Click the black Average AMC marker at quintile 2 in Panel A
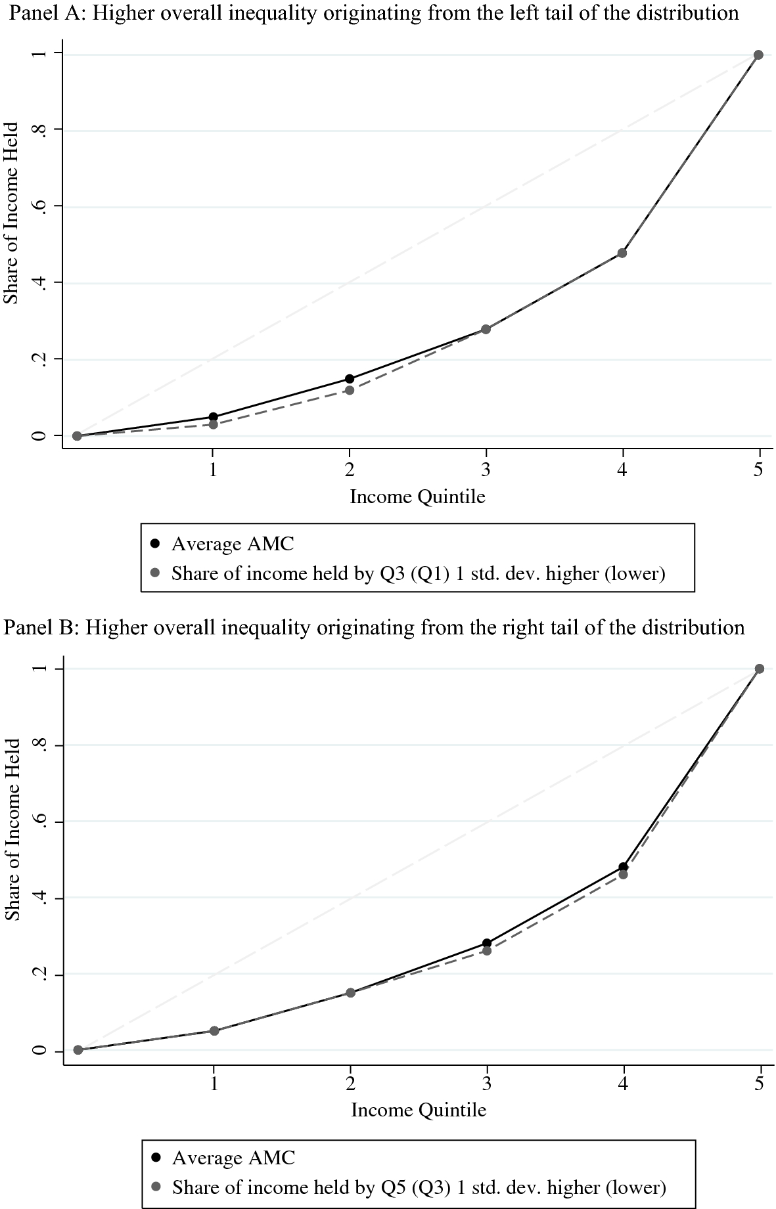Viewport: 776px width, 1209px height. [x=350, y=379]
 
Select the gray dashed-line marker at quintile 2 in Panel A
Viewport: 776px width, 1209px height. [x=350, y=390]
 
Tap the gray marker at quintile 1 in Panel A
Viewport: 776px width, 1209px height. [x=213, y=424]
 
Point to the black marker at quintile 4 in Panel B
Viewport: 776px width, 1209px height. [x=623, y=867]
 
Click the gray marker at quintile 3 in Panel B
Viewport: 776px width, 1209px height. [x=487, y=950]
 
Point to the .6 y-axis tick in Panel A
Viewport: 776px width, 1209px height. [x=40, y=206]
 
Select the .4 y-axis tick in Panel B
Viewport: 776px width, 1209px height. [x=41, y=898]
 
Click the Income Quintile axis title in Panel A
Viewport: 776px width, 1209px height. [x=417, y=496]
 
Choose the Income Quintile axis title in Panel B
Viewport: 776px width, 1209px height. [x=419, y=1110]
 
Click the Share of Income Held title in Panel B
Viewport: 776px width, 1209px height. [x=14, y=829]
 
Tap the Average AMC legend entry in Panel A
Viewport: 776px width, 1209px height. [x=233, y=544]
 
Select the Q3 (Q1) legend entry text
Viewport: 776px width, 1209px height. [x=418, y=574]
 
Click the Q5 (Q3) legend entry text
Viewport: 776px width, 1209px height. [x=419, y=1187]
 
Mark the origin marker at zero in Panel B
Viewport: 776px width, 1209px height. [x=78, y=1050]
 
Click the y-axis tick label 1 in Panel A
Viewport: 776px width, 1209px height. [x=40, y=53]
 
